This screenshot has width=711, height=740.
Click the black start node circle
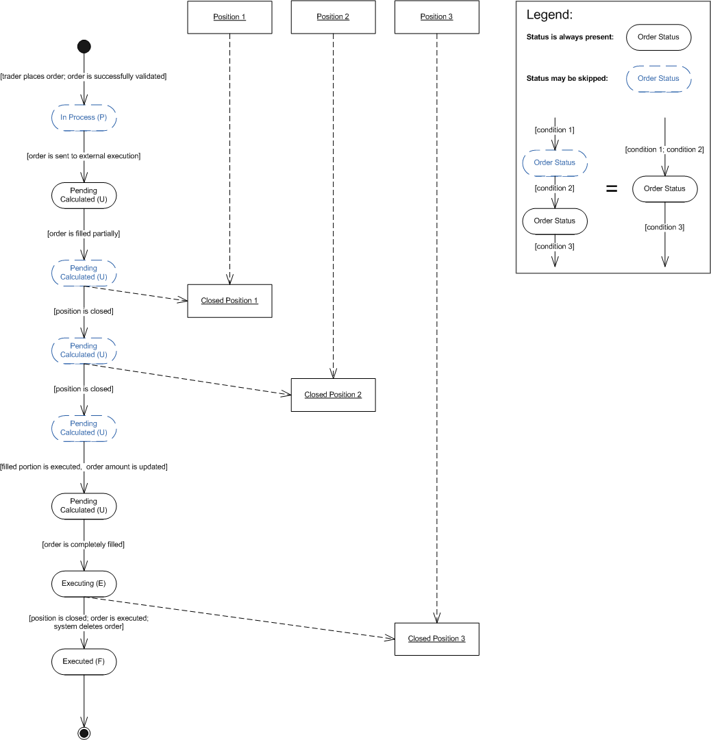[84, 47]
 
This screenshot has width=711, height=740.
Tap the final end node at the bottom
[84, 733]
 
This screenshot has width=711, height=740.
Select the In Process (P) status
[84, 118]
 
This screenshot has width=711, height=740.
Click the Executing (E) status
[84, 584]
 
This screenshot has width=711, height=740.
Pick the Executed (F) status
[84, 661]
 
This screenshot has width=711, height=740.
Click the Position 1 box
[229, 17]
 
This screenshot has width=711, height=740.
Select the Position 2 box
[333, 17]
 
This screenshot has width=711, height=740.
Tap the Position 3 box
[436, 17]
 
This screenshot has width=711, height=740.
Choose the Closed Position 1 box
[229, 301]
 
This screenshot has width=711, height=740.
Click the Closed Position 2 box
[333, 395]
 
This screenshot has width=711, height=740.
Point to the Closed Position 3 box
[436, 639]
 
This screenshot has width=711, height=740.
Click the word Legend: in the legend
[549, 15]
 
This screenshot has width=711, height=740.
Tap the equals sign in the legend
[612, 188]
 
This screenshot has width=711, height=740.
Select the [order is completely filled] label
[84, 545]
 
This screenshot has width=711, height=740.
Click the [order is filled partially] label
[84, 234]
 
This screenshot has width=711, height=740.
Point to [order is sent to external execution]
[84, 156]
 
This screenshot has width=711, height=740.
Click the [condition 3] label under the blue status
[555, 247]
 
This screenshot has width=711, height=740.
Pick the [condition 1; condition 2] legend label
[664, 149]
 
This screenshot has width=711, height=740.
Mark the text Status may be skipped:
[567, 79]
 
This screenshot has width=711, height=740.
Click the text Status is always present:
[570, 37]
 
